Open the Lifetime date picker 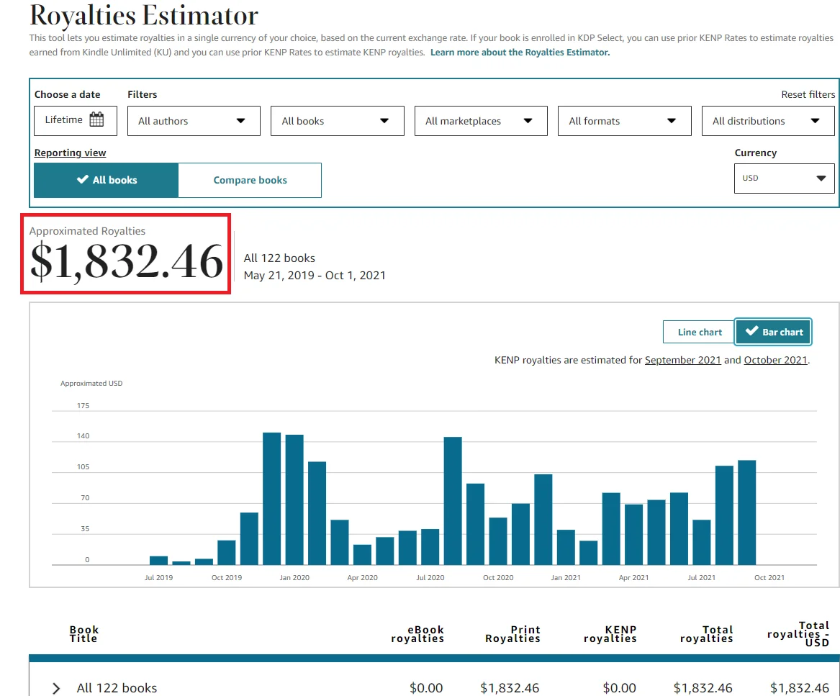(x=75, y=120)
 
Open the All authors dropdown (x=194, y=121)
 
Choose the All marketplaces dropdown (x=480, y=121)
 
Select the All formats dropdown (x=624, y=121)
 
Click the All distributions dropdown (x=767, y=121)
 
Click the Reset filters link (x=808, y=94)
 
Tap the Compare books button (x=250, y=180)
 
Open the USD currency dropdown (x=784, y=178)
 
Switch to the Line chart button (x=699, y=332)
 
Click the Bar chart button (x=774, y=332)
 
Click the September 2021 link (x=682, y=360)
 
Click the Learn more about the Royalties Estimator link (x=520, y=53)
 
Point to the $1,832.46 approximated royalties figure (x=126, y=261)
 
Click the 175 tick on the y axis (x=83, y=406)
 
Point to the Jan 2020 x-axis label (x=294, y=577)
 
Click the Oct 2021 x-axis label (x=769, y=577)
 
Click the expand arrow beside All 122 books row (x=56, y=688)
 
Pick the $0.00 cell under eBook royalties (x=426, y=688)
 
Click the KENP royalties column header (x=610, y=634)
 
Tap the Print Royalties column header (x=512, y=634)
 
